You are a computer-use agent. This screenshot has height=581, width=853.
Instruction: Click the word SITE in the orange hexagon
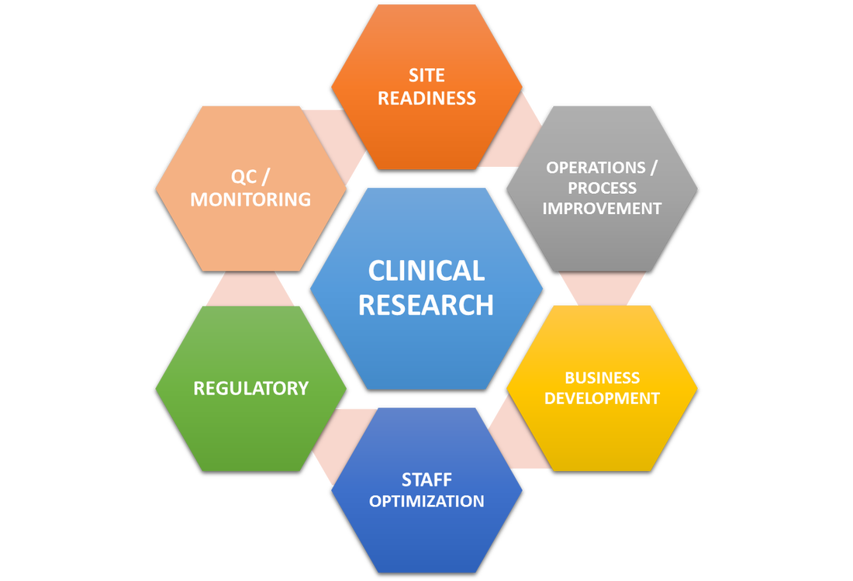427,75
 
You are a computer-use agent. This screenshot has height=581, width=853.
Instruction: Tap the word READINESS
427,99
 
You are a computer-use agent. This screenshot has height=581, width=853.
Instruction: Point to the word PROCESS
602,188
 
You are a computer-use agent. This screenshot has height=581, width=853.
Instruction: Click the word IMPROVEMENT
602,208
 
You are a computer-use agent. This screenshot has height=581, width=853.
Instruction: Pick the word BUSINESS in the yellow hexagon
602,378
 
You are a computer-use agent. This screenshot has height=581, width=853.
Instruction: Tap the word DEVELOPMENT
602,398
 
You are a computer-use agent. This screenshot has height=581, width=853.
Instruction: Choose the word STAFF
427,479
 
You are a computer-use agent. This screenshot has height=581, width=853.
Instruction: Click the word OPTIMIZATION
427,501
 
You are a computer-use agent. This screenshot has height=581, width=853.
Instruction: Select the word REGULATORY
250,388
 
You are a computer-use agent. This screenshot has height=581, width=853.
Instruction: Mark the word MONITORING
250,199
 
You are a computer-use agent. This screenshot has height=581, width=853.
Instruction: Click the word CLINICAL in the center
426,271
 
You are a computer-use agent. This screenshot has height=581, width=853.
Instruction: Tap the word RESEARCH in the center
426,305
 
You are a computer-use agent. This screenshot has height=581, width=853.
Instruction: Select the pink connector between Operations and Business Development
602,289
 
